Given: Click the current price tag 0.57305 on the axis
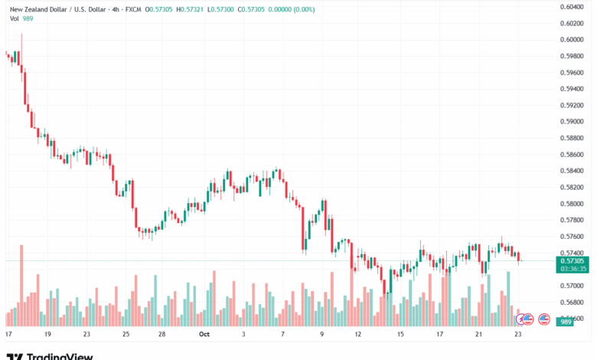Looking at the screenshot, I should (571, 260).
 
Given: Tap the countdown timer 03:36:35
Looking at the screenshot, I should (571, 269).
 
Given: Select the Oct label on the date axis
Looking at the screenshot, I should (204, 335).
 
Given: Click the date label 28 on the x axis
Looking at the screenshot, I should (162, 335).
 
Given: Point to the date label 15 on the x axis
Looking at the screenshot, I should (400, 335).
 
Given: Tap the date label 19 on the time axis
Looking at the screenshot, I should (47, 335).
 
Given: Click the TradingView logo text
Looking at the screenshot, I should (60, 356).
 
